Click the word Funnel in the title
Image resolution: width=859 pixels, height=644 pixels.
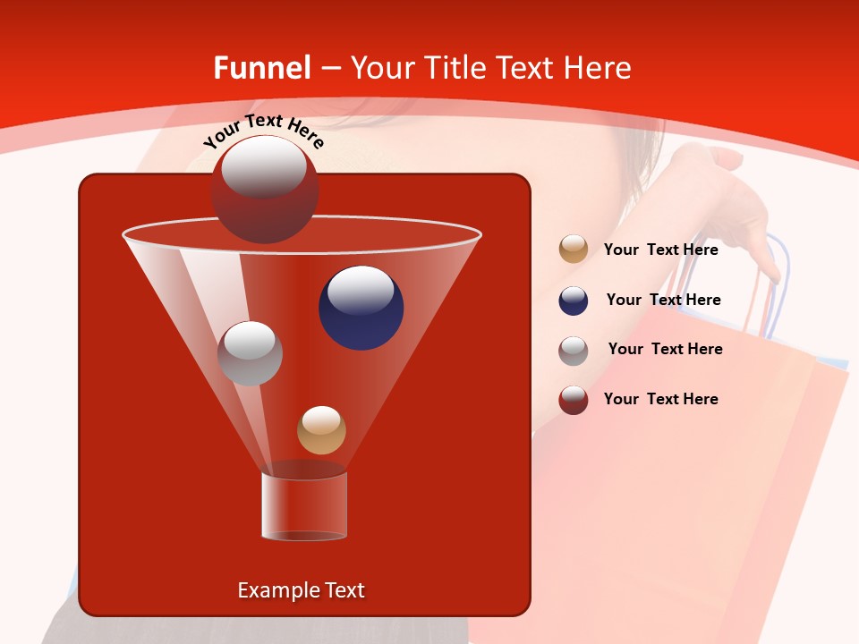pyautogui.click(x=261, y=67)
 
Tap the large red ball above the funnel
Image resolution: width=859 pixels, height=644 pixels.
pyautogui.click(x=265, y=190)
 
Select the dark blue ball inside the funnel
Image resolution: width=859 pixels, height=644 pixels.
pyautogui.click(x=361, y=308)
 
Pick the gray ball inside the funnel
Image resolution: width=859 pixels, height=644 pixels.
pyautogui.click(x=250, y=353)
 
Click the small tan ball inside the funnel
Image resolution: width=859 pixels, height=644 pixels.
pyautogui.click(x=321, y=430)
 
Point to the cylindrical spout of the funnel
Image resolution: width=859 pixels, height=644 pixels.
pyautogui.click(x=303, y=505)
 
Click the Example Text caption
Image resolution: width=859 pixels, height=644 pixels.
pyautogui.click(x=301, y=590)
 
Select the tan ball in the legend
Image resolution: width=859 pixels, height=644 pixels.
pyautogui.click(x=574, y=250)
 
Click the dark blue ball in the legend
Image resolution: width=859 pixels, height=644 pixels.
pyautogui.click(x=574, y=301)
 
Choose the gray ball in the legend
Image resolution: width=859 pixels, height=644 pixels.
pyautogui.click(x=574, y=350)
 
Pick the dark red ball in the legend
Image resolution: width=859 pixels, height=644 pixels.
pyautogui.click(x=574, y=400)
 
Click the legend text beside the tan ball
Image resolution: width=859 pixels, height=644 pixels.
pyautogui.click(x=660, y=250)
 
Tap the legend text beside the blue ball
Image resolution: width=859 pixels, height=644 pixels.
pyautogui.click(x=663, y=300)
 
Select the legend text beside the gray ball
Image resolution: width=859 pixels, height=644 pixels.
pyautogui.click(x=665, y=349)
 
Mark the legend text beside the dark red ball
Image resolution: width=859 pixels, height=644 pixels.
pyautogui.click(x=660, y=399)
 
